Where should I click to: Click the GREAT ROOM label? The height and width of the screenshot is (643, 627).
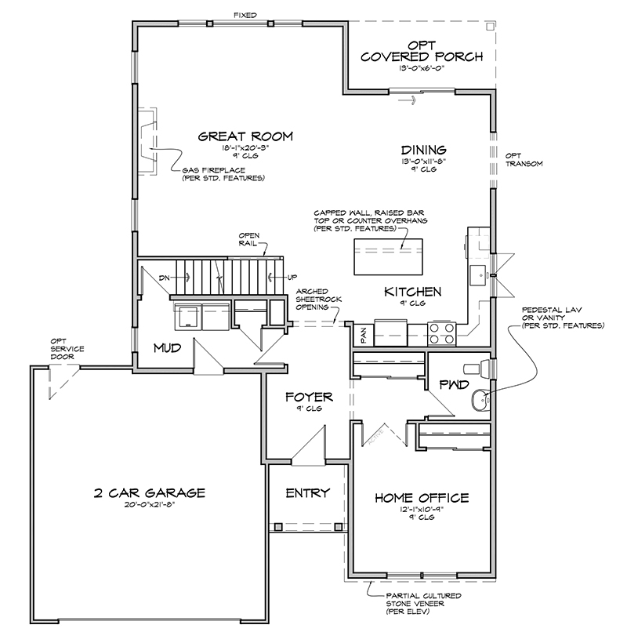[x=245, y=136]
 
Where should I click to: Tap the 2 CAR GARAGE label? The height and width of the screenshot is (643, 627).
[x=149, y=493]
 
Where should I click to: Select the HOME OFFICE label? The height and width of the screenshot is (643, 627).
[x=422, y=498]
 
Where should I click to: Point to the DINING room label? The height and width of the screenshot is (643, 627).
[x=424, y=150]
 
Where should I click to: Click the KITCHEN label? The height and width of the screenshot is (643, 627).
[x=412, y=292]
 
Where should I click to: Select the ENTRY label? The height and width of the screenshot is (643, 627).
[x=307, y=493]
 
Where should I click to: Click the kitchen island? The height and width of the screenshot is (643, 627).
[x=390, y=256]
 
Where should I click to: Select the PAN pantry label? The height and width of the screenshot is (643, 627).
[x=364, y=335]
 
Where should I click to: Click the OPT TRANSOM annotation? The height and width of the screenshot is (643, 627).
[x=521, y=159]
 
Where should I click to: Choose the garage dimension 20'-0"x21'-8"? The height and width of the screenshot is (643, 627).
[x=149, y=506]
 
